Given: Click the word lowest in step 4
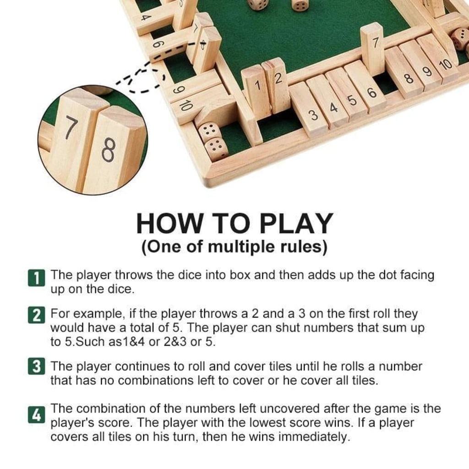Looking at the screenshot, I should tap(271, 422).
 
